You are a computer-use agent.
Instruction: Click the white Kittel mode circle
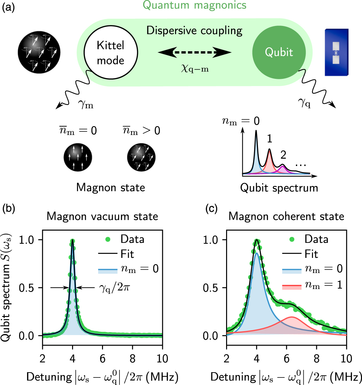pyautogui.click(x=111, y=53)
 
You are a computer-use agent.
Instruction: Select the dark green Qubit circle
pyautogui.click(x=279, y=53)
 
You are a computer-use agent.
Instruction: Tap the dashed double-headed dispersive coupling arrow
pyautogui.click(x=194, y=52)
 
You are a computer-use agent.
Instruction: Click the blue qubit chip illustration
pyautogui.click(x=336, y=53)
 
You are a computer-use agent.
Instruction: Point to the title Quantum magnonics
pyautogui.click(x=194, y=6)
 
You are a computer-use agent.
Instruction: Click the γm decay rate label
pyautogui.click(x=86, y=104)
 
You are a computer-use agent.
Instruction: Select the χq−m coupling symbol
pyautogui.click(x=195, y=69)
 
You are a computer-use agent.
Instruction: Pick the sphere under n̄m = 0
pyautogui.click(x=78, y=157)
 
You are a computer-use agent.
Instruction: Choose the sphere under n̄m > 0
pyautogui.click(x=141, y=157)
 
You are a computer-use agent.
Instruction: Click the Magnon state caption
pyautogui.click(x=111, y=188)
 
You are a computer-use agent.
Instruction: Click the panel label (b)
pyautogui.click(x=9, y=209)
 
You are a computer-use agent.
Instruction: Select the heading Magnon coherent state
pyautogui.click(x=286, y=216)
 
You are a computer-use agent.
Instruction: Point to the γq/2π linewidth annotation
pyautogui.click(x=115, y=288)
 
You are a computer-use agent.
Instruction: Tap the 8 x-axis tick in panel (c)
pyautogui.click(x=316, y=359)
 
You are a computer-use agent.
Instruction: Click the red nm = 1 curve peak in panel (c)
pyautogui.click(x=292, y=317)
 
